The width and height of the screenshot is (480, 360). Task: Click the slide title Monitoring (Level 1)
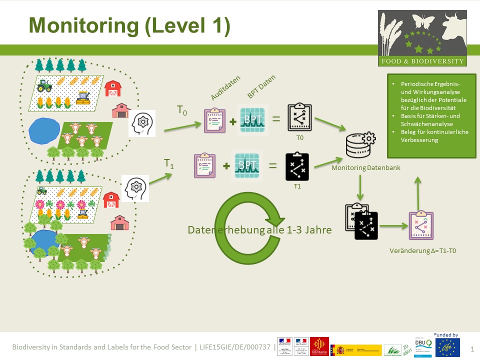(x=129, y=25)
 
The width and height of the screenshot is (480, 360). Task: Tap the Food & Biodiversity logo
(x=422, y=38)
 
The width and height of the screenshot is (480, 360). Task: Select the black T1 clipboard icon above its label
(x=297, y=166)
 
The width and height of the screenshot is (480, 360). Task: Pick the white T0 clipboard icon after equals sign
(x=299, y=118)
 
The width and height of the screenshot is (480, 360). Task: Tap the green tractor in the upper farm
(x=44, y=85)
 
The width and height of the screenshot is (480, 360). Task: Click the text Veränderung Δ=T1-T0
(x=425, y=249)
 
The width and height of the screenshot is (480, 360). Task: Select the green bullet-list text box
(x=432, y=115)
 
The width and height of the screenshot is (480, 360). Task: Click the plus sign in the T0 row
(x=233, y=120)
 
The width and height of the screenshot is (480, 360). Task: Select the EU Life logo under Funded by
(x=447, y=347)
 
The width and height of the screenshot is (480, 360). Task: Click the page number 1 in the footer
(x=472, y=347)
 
